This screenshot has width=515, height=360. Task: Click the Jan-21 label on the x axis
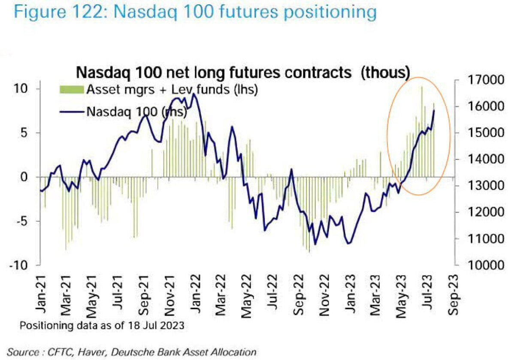coord(42,296)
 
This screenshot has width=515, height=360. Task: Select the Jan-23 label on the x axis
coord(350,296)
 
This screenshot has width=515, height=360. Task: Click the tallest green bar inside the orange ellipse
coord(422,129)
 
